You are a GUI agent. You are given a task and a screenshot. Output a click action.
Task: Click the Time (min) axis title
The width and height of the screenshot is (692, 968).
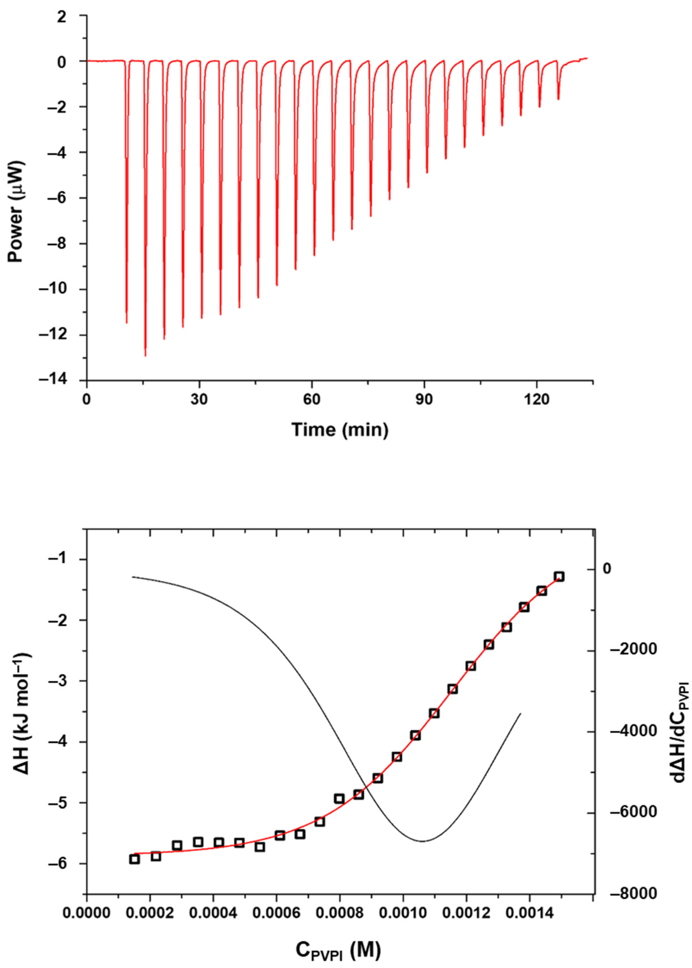point(340,430)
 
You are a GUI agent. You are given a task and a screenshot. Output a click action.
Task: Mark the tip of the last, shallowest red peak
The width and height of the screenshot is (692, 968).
point(558,99)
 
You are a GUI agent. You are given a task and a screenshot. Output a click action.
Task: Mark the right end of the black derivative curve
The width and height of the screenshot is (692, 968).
point(520,713)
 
